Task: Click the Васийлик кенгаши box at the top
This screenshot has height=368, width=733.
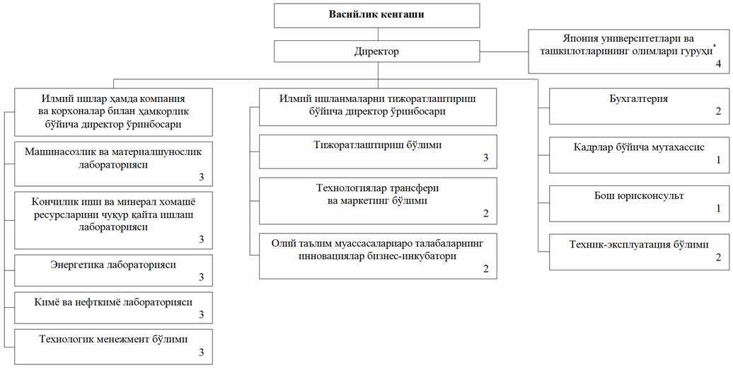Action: coord(377,16)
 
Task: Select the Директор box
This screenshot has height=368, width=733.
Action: coord(377,52)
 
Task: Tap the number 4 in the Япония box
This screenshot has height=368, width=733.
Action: coord(719,64)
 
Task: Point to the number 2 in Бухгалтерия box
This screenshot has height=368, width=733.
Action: coord(719,113)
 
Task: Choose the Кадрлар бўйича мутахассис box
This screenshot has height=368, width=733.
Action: coord(639,155)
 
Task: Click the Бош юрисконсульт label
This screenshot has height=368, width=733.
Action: coord(639,195)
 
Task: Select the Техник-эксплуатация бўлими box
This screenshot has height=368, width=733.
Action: coord(639,253)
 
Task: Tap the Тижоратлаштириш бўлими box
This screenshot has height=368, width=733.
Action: coord(378,151)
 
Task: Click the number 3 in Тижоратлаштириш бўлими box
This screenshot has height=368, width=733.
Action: coord(485,158)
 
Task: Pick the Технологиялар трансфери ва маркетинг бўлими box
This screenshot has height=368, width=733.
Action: coord(378,201)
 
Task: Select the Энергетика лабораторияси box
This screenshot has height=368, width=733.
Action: coord(114,270)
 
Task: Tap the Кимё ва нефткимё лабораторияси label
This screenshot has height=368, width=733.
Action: coord(113,302)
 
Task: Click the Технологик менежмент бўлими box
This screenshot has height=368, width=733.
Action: coord(114,347)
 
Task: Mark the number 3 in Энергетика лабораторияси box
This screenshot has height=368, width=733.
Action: coord(202,277)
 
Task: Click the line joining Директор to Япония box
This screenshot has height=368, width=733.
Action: coord(504,52)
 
